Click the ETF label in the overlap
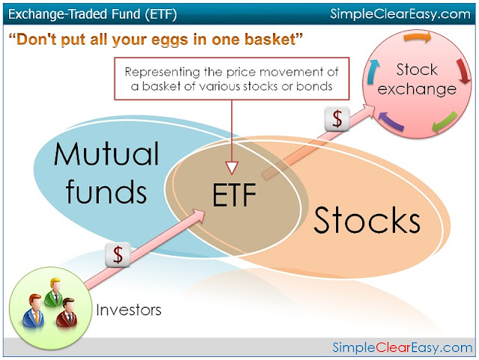pos(234,195)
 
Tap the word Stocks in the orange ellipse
pos(367,220)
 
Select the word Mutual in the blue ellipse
pos(106,154)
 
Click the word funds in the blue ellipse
pos(106,191)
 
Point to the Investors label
pos(129,310)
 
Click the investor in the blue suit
pos(33,309)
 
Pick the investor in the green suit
pos(54,292)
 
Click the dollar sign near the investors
pos(118,254)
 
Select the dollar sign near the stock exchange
pos(337,118)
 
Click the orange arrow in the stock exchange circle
pos(418,37)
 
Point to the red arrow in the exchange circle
pos(463,72)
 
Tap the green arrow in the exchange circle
pos(445,122)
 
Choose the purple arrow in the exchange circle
pos(391,121)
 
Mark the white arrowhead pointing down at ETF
pos(232,168)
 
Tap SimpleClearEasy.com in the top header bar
pos(400,14)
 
